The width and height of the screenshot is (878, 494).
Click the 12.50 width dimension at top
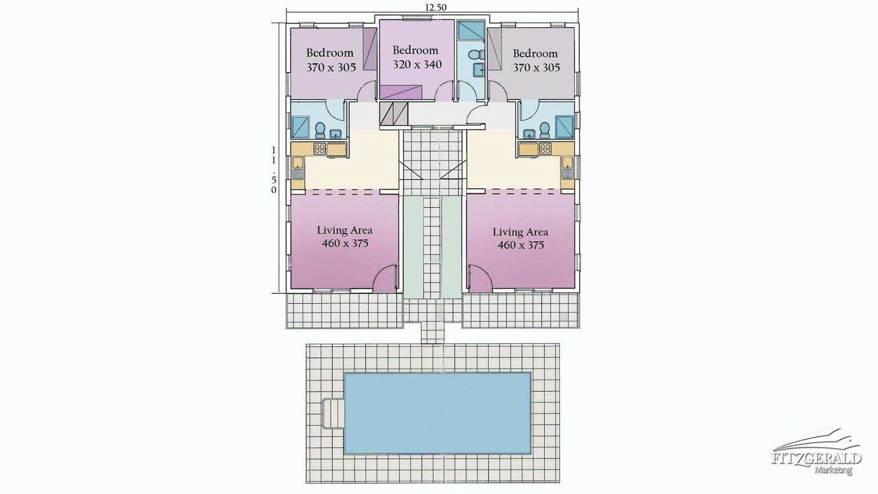pyautogui.click(x=436, y=7)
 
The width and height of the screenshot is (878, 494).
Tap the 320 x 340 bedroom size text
pyautogui.click(x=417, y=64)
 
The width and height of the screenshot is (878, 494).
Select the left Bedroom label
pyautogui.click(x=330, y=53)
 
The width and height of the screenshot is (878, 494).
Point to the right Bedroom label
pyautogui.click(x=535, y=53)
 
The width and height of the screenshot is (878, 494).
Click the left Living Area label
pyautogui.click(x=345, y=230)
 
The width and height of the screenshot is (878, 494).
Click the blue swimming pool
pyautogui.click(x=437, y=413)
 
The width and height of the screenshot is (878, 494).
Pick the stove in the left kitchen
pyautogui.click(x=320, y=149)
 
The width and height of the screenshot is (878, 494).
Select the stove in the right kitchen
pyautogui.click(x=545, y=149)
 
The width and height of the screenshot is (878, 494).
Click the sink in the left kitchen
pyautogui.click(x=298, y=168)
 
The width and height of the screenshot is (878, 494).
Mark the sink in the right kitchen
pyautogui.click(x=568, y=168)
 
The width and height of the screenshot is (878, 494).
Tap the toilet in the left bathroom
pyautogui.click(x=320, y=130)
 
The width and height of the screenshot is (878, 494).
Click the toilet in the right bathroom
pyautogui.click(x=544, y=130)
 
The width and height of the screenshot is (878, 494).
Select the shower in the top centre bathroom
pyautogui.click(x=471, y=30)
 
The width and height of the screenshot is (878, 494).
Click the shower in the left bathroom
pyautogui.click(x=300, y=128)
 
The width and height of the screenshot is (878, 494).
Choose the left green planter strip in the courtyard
pyautogui.click(x=413, y=247)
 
